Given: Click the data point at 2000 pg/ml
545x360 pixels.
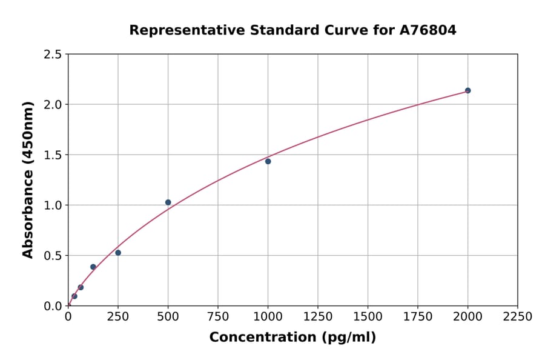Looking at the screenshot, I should [x=467, y=90].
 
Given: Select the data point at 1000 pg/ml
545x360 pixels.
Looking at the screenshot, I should [x=268, y=161].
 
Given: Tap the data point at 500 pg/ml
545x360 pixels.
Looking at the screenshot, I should [x=168, y=202].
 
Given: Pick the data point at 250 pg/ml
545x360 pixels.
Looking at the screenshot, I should [x=118, y=253].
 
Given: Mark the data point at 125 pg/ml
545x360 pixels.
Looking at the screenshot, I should [x=93, y=267].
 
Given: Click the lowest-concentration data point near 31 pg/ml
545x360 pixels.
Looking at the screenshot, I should [x=74, y=296].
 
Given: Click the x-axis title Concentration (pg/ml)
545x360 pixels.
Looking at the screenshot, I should [x=292, y=338].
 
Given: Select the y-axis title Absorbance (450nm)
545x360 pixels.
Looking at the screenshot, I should [x=28, y=179].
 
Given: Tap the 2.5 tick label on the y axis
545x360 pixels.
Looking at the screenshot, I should [x=52, y=55].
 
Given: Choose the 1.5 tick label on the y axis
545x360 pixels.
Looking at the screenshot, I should [x=52, y=155].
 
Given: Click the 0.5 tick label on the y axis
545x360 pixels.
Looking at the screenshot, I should [x=52, y=256].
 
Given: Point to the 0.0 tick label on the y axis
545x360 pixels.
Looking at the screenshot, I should [x=52, y=306].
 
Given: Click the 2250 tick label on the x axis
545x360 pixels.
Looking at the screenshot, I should [x=517, y=317].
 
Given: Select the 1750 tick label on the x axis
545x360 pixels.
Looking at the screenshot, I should [x=417, y=317].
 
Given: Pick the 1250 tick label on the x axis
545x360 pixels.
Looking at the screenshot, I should [x=317, y=317].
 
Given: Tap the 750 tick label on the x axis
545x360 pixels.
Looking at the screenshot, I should [x=218, y=317].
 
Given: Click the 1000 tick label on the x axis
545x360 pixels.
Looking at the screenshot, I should [x=268, y=317].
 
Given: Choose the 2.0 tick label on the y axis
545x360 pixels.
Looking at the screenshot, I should [x=52, y=105].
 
